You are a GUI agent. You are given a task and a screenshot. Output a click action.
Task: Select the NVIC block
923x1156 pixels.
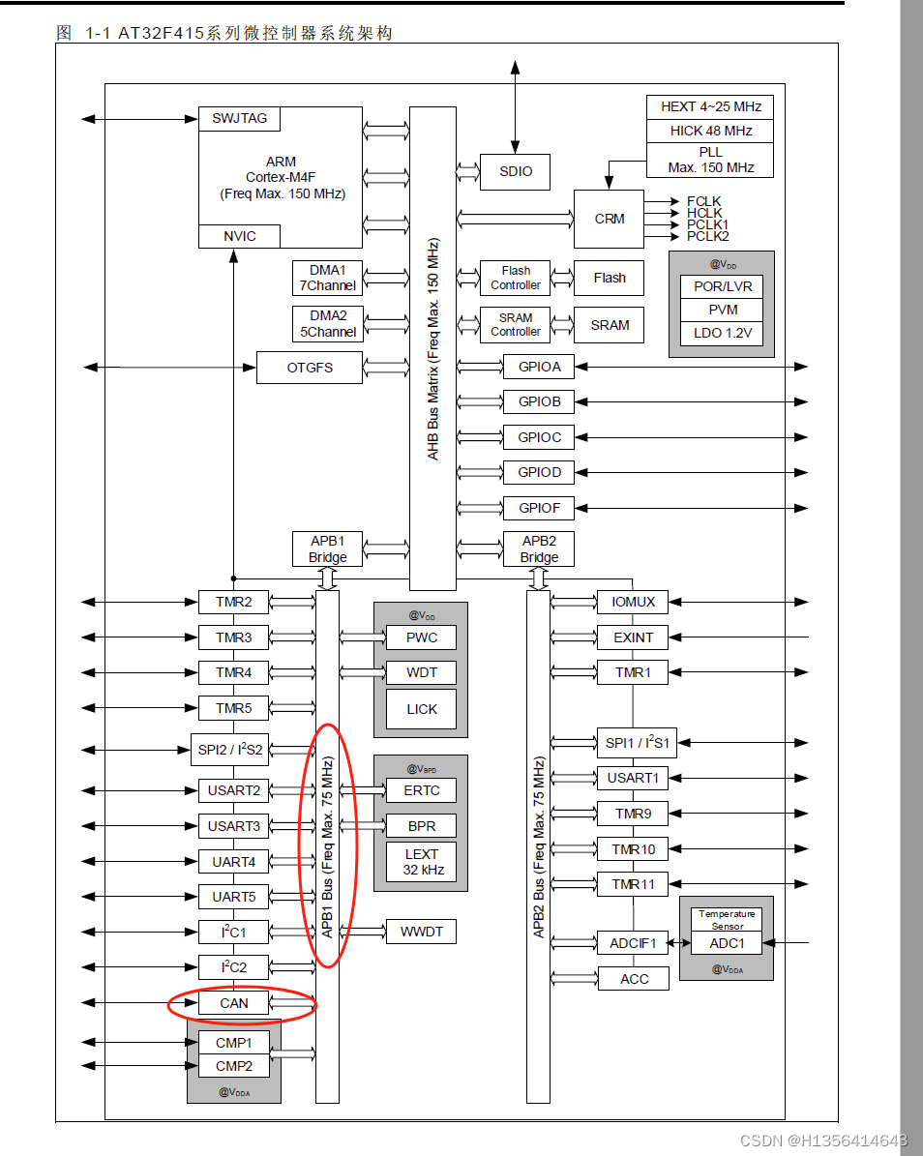click(239, 236)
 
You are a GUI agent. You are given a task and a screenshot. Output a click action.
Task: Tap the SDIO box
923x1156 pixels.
click(515, 171)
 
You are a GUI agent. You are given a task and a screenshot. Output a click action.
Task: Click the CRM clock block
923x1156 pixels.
click(609, 219)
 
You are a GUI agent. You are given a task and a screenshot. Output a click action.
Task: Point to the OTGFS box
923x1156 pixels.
click(309, 368)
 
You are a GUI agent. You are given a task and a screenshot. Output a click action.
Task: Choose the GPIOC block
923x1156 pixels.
click(539, 437)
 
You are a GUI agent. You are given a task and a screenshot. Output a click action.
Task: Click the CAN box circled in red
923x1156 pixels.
click(233, 1003)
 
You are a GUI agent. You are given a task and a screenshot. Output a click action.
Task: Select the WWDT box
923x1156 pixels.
click(421, 932)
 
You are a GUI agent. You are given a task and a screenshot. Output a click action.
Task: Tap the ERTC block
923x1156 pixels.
click(421, 790)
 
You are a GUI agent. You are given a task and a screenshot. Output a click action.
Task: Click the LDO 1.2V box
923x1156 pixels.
click(722, 334)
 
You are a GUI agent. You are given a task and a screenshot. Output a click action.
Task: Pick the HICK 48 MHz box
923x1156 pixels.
click(710, 131)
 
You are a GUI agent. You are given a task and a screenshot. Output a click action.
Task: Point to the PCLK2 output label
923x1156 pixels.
click(708, 236)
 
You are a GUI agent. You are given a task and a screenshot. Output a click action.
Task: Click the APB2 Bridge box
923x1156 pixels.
click(539, 549)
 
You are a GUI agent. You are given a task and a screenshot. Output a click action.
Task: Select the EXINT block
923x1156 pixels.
click(633, 637)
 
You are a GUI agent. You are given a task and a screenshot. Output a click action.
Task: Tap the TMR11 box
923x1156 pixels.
click(633, 884)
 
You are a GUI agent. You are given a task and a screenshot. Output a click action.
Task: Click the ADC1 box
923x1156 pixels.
click(727, 943)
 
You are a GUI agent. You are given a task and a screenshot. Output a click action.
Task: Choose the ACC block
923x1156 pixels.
click(634, 979)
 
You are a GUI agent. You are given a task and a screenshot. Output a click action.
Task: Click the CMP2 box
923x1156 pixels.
click(233, 1066)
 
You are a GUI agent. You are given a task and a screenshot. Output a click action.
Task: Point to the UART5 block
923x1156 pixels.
click(233, 897)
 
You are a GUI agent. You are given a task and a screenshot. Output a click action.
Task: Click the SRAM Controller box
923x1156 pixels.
click(515, 324)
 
